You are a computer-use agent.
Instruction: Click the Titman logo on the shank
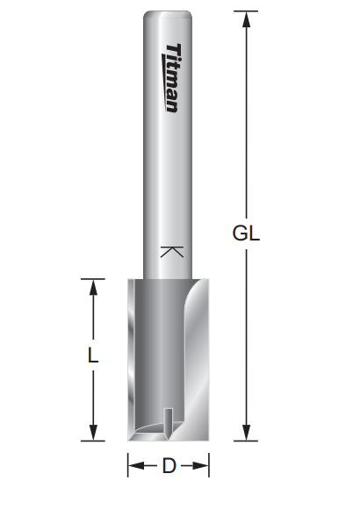tap(172, 77)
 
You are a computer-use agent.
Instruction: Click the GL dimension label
tap(246, 233)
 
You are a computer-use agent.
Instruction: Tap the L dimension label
tap(93, 355)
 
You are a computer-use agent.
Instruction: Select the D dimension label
tap(169, 466)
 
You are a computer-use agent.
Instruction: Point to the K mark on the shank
tap(172, 252)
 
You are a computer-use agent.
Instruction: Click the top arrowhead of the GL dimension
tap(246, 19)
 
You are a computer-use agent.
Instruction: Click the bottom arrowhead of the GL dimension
tap(246, 433)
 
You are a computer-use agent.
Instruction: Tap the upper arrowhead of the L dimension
tap(93, 287)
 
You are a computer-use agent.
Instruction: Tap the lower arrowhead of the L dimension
tap(93, 433)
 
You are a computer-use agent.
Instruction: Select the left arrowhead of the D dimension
tap(136, 466)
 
